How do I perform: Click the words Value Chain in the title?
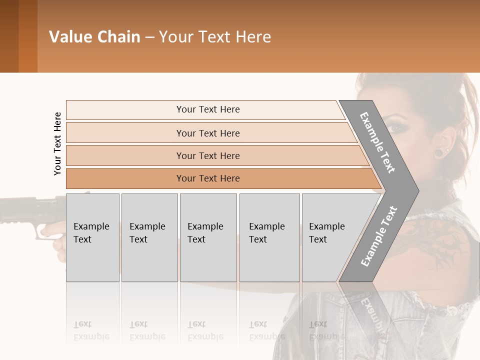coord(94,37)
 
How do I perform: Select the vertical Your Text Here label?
coord(57,143)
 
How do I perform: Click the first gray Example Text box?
coord(92,237)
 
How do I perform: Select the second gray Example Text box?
coord(149,237)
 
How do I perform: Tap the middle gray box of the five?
coord(208,237)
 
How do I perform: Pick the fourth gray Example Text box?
coord(269,237)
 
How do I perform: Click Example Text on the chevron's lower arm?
coord(379,236)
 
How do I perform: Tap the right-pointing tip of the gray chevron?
coord(414,190)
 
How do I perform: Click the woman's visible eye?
coord(395,127)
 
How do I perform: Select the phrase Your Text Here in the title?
coord(215,37)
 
